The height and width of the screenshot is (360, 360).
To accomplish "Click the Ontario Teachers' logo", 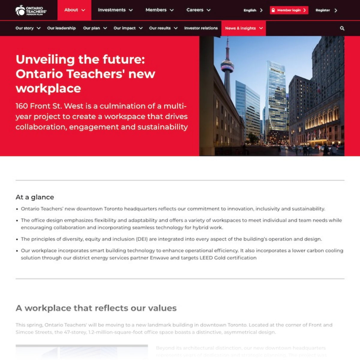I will [x=31, y=10].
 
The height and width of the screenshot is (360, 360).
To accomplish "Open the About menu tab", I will [x=74, y=10].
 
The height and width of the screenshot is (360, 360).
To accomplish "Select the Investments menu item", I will [x=115, y=10].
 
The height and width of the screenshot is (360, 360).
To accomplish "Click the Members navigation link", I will [x=159, y=10].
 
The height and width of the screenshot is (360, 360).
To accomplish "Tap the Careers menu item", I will [x=198, y=10].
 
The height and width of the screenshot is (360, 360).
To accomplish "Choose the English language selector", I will [x=253, y=10].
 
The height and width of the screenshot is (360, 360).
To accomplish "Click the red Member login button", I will [x=289, y=10].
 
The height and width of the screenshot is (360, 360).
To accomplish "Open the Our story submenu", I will [x=28, y=28].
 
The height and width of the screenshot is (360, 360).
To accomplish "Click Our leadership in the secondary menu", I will [x=61, y=28].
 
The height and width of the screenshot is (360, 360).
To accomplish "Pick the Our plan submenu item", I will [x=95, y=28].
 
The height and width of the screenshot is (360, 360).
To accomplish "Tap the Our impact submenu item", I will [x=128, y=28].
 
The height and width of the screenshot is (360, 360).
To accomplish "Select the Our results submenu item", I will [x=163, y=28].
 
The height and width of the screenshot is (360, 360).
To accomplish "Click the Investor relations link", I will [x=201, y=28].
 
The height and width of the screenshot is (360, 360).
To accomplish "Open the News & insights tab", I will [x=244, y=28].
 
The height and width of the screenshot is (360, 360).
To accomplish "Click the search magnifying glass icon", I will [x=342, y=28].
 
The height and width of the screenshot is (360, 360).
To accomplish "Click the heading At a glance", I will [x=35, y=197].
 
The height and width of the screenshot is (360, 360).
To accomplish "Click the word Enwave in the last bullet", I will [x=159, y=258].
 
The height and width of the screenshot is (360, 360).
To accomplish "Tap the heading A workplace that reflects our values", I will [x=96, y=308].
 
